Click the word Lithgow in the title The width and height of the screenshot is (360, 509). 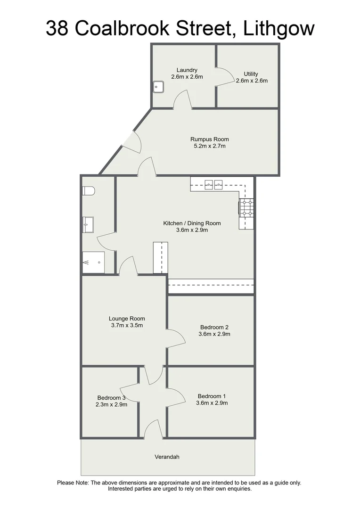point(278,28)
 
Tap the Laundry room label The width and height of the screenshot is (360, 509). point(187,70)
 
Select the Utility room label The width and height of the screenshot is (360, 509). point(251,74)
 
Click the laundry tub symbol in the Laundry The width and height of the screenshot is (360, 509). point(158,87)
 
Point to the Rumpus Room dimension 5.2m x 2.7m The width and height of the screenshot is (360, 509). point(210,146)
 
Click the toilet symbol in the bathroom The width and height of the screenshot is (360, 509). point(88,190)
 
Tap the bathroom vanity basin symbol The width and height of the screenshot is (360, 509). point(88,224)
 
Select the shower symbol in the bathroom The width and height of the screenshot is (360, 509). point(93,262)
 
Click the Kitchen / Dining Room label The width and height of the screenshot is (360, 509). point(192,223)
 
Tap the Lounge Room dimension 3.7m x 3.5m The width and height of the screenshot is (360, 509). point(127,325)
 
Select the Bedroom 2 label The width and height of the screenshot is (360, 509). point(214,327)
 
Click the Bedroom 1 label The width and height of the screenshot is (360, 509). point(212,396)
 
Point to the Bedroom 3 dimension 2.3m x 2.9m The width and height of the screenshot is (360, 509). point(111,404)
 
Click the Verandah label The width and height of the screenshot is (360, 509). point(167,457)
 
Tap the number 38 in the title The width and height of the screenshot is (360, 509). point(57,28)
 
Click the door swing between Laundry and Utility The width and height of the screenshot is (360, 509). point(225,77)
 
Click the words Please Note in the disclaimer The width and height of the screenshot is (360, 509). point(73,483)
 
